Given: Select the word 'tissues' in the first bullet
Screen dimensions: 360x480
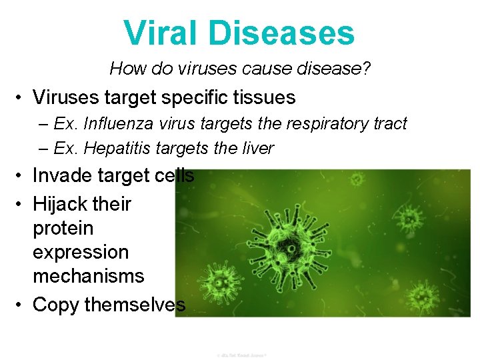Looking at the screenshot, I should pyautogui.click(x=263, y=97).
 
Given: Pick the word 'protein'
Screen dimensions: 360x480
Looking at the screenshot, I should pyautogui.click(x=63, y=228).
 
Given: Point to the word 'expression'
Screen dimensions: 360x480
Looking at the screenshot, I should pyautogui.click(x=81, y=252).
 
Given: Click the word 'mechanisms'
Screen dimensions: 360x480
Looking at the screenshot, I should pyautogui.click(x=88, y=275).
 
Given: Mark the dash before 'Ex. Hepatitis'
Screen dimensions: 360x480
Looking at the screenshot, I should pyautogui.click(x=43, y=147).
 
